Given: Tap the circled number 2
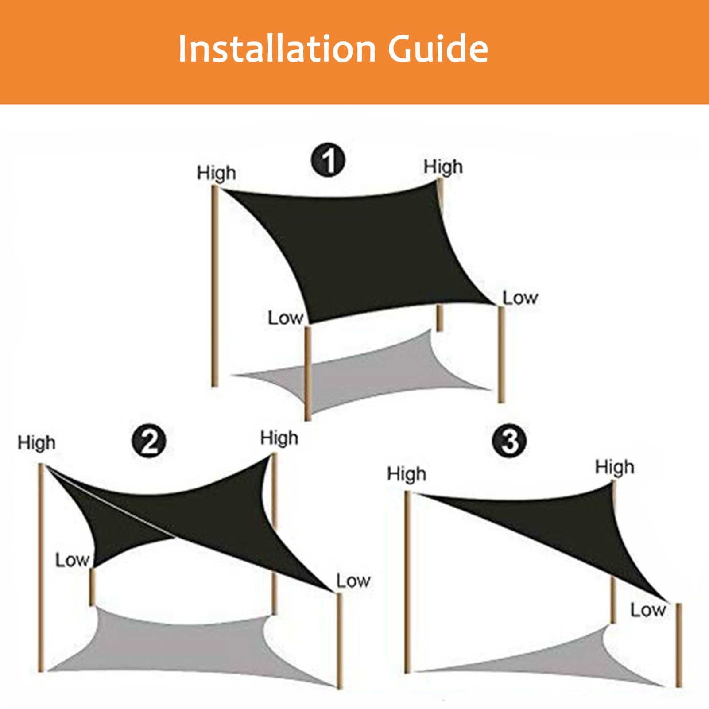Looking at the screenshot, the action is [149, 442].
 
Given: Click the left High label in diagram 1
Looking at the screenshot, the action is [216, 173].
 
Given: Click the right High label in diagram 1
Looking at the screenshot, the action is [443, 167].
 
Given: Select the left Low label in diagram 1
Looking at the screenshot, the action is [286, 318].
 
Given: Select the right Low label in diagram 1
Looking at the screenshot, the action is [520, 298].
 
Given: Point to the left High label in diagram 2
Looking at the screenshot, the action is [37, 442].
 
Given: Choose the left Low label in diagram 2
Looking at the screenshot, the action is [73, 560].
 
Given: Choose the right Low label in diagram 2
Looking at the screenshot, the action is [353, 581].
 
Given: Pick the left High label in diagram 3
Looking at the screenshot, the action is [407, 474].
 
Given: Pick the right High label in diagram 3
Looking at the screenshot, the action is [615, 467].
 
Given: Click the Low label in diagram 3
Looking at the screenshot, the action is [648, 610].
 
